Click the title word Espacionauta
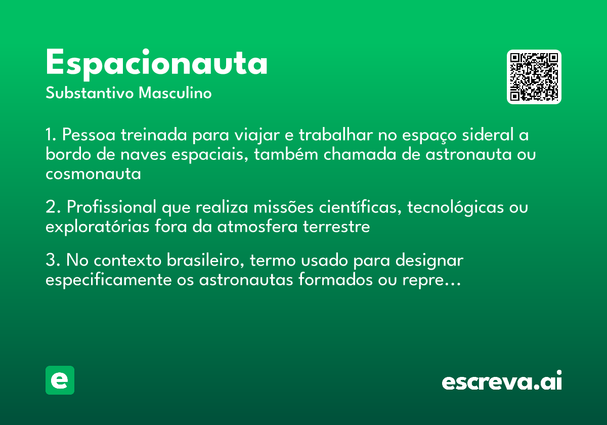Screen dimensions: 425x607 (156, 63)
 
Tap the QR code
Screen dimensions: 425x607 (534, 77)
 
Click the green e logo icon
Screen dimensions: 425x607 (60, 380)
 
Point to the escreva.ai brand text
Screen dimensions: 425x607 (502, 381)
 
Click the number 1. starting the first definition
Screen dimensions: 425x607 (52, 136)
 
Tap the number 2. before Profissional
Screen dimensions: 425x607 (53, 207)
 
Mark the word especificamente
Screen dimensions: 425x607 (109, 280)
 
